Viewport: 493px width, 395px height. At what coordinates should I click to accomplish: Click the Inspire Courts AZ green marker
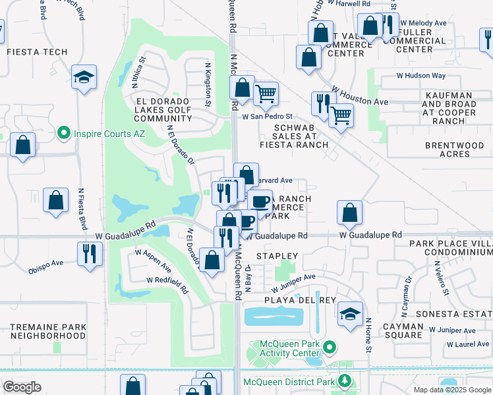point(64,133)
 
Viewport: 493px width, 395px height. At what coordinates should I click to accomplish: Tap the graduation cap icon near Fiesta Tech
point(84,78)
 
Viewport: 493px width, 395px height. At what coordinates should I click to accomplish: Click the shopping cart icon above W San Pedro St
point(266,94)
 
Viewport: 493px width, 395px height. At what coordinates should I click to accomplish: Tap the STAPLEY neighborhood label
point(277,255)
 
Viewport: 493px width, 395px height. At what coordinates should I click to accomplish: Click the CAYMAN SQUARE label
point(403,330)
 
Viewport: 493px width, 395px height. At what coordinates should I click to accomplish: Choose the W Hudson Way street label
point(420,76)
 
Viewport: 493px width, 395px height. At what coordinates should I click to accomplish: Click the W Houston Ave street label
point(360,95)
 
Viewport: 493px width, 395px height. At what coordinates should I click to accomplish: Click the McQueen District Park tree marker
point(343,381)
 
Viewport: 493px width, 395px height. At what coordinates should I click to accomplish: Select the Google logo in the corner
point(21,387)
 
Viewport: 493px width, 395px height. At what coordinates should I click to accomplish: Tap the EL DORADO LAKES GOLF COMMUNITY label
point(163,110)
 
